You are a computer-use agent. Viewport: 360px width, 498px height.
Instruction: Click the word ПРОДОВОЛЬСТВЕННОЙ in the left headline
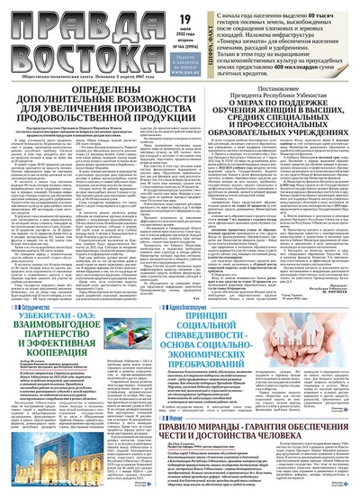click(67, 114)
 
